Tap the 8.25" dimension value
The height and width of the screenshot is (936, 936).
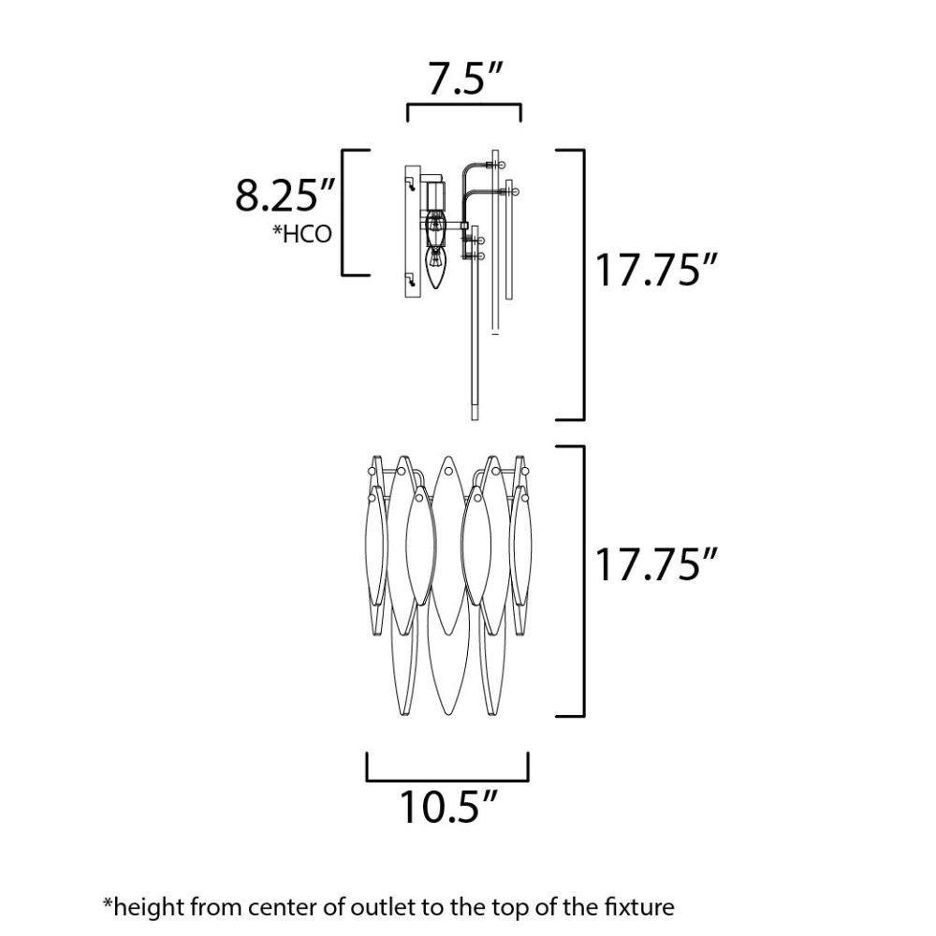tap(285, 194)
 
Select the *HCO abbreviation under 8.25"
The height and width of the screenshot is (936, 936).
tap(302, 234)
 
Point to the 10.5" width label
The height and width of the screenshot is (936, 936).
tap(447, 806)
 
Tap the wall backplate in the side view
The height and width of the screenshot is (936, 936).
tap(413, 231)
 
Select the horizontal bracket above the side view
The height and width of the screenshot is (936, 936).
tap(464, 105)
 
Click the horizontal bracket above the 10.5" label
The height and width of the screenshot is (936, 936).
tap(447, 779)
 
